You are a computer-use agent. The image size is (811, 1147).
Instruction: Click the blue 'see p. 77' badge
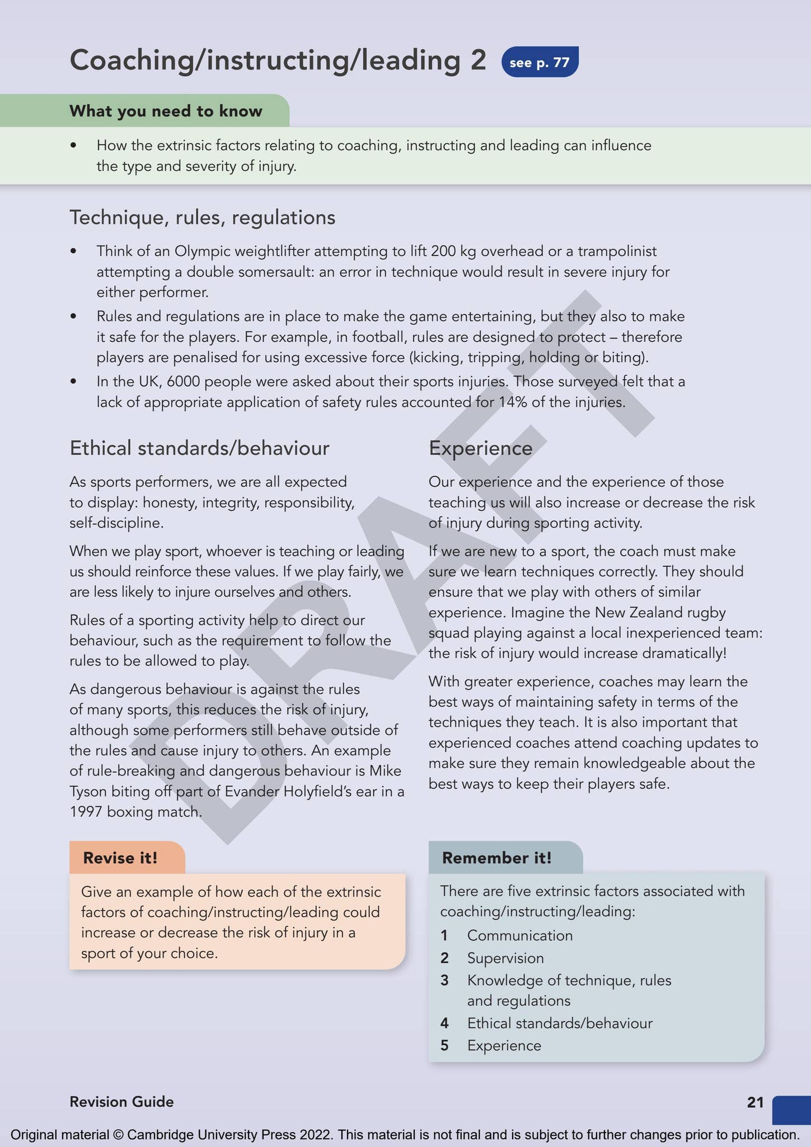pos(540,62)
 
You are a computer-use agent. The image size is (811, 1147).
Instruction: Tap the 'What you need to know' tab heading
pos(166,111)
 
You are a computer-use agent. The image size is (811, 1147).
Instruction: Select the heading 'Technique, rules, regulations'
pos(202,217)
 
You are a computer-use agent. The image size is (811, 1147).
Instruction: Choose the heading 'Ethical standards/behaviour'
pos(199,448)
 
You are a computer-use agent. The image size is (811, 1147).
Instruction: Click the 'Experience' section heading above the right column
pos(480,448)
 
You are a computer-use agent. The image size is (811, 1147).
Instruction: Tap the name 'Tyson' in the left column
pos(88,791)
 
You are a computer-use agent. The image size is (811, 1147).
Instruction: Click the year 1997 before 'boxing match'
pos(85,812)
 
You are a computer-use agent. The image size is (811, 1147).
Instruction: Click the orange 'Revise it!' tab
pos(120,858)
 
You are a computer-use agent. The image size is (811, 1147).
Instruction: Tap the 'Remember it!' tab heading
pos(496,858)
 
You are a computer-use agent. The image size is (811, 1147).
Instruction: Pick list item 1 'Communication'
pos(519,936)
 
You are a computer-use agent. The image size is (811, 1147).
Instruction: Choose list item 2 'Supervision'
pos(505,958)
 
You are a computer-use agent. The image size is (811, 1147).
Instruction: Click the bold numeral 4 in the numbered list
pos(444,1023)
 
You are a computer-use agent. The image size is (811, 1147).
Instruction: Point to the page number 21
pos(754,1102)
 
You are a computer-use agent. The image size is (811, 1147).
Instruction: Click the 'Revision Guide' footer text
pos(121,1102)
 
